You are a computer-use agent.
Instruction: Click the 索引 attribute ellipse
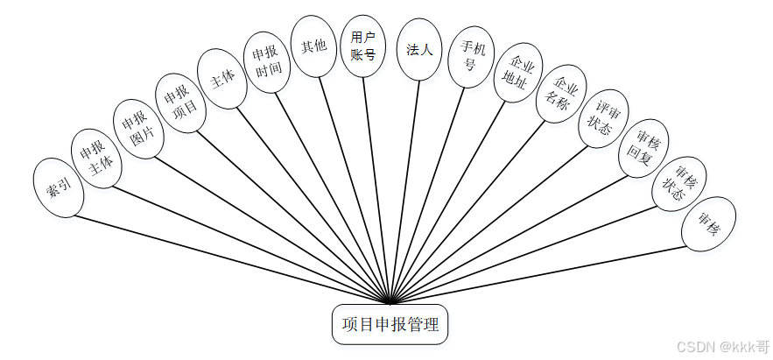coord(58,187)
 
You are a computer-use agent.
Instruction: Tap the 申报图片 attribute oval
coord(137,129)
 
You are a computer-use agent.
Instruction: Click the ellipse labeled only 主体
coord(222,77)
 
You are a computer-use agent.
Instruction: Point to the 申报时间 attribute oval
coord(267,61)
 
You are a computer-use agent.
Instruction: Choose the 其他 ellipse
coord(313,46)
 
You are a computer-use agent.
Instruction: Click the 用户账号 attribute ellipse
coord(362,46)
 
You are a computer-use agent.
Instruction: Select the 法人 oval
coord(418,50)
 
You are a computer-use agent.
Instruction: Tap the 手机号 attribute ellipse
coord(471,55)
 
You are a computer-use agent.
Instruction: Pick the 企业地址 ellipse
coord(518,74)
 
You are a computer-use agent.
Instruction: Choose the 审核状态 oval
coord(679,184)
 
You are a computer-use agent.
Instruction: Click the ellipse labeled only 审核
coord(708,224)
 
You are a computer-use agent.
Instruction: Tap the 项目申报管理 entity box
coord(390,324)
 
